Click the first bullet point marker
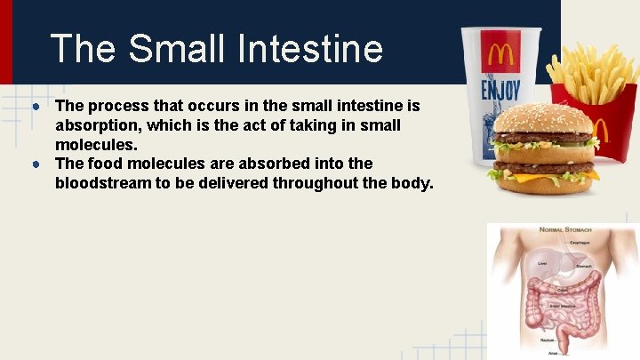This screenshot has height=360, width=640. [x=31, y=107]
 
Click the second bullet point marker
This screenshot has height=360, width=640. [x=31, y=164]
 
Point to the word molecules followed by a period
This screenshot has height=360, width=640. [x=96, y=144]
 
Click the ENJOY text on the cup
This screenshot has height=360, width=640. [x=500, y=90]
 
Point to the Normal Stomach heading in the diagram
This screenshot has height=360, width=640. [x=565, y=229]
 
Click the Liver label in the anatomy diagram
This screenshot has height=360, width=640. [x=542, y=263]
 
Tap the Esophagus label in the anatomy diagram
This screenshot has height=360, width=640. [x=582, y=242]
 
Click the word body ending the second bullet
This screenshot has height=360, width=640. [x=412, y=183]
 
